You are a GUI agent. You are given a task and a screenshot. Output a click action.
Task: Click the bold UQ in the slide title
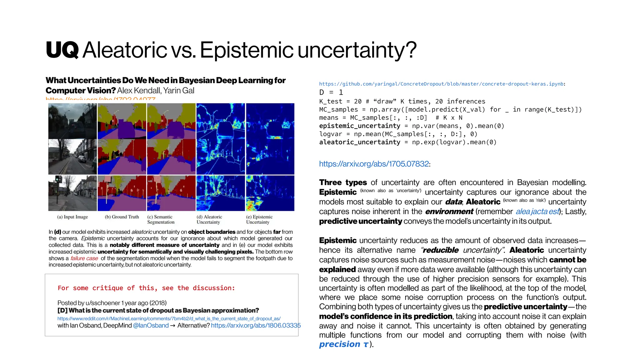click(x=62, y=50)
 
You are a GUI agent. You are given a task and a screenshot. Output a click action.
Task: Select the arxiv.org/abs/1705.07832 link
click(x=374, y=164)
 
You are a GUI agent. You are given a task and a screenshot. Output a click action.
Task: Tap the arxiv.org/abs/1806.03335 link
click(x=256, y=325)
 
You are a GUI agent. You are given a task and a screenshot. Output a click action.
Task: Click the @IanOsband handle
click(x=151, y=325)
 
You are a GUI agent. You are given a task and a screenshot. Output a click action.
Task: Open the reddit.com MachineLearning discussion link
click(x=169, y=318)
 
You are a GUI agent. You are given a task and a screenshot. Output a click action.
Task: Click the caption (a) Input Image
click(x=72, y=217)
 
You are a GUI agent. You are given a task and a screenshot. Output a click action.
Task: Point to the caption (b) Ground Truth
click(x=122, y=217)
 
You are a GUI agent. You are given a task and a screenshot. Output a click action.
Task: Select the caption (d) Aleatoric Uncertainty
click(x=209, y=219)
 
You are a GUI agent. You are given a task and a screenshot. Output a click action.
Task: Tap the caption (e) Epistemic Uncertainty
click(x=259, y=219)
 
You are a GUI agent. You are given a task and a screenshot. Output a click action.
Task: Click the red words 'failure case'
click(x=84, y=258)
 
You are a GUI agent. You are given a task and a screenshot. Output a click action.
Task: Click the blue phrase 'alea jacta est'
click(x=537, y=212)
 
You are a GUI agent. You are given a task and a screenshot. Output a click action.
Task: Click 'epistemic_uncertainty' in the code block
click(x=359, y=126)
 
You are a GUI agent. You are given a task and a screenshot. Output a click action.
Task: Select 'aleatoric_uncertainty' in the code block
click(x=359, y=142)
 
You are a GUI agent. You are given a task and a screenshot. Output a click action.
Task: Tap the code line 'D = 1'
click(x=331, y=92)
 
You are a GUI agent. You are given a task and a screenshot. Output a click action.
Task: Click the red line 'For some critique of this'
click(x=146, y=288)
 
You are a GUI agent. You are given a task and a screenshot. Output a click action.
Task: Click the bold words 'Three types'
click(x=343, y=182)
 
